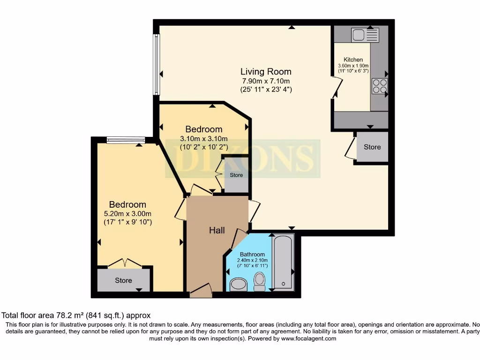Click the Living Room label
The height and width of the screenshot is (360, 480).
tap(266, 72)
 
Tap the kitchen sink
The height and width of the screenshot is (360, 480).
tap(365, 35)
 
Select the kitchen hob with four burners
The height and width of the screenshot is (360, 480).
tap(380, 86)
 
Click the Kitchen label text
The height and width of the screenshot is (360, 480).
tap(353, 60)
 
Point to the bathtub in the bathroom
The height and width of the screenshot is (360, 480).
tap(283, 262)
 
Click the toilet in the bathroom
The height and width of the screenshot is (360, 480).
tap(259, 281)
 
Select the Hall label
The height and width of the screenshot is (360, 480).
tap(217, 230)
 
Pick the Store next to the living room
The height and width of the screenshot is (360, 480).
tap(372, 147)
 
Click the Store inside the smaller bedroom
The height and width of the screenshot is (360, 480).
tap(236, 175)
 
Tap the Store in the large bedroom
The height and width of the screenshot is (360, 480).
tap(124, 280)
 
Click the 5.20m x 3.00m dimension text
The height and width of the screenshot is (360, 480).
tap(127, 213)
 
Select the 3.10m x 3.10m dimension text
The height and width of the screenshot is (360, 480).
tap(204, 138)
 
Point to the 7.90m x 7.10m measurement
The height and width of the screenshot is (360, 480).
tap(266, 81)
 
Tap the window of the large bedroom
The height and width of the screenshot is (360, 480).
tap(125, 139)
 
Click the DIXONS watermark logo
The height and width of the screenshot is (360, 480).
tap(242, 158)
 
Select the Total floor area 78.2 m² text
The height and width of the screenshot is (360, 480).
tap(76, 316)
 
